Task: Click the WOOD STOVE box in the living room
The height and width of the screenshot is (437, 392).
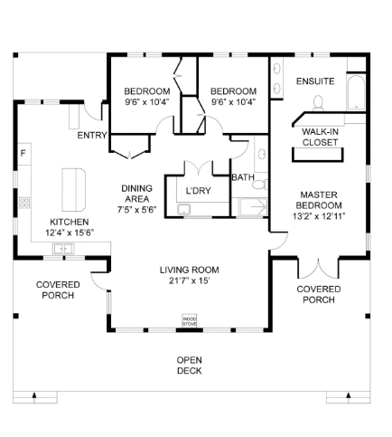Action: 190,320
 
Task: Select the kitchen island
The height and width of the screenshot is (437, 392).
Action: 74,190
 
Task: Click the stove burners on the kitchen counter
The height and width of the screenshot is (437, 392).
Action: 24,203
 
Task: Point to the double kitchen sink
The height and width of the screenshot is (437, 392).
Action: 63,249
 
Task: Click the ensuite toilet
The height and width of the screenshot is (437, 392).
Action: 318,103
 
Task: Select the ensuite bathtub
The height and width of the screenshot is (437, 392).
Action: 356,93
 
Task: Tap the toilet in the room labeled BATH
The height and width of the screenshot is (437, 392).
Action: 260,184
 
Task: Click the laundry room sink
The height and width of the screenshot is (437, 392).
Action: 183,209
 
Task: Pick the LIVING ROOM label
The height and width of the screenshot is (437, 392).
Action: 190,270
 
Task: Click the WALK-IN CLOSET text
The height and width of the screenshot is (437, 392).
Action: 320,137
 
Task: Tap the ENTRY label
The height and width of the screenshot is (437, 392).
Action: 92,136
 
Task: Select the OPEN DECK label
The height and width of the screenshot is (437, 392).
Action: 190,366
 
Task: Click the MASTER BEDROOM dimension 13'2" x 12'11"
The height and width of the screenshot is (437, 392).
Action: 319,216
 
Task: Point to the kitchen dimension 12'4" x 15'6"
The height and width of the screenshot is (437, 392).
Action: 70,233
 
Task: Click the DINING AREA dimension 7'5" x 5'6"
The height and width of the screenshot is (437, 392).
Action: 137,210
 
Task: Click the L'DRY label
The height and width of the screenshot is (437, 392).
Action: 198,191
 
